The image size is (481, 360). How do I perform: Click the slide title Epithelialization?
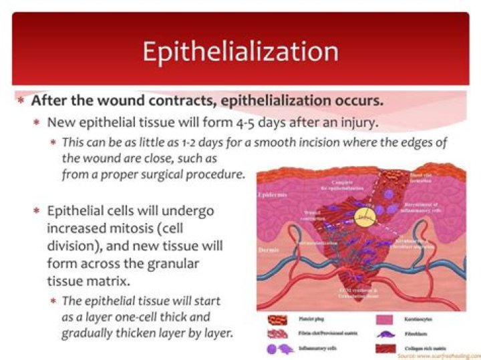pyautogui.click(x=240, y=52)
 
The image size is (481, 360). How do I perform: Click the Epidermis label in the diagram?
pyautogui.click(x=273, y=196)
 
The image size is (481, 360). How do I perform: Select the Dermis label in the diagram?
pyautogui.click(x=269, y=248)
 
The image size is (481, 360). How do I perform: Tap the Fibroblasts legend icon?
pyautogui.click(x=383, y=335)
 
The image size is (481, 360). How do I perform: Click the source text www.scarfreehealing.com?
pyautogui.click(x=438, y=357)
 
